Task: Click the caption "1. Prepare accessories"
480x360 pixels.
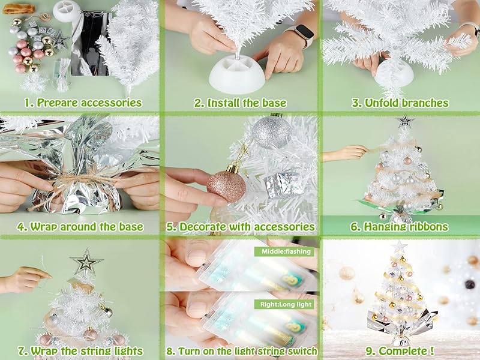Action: coord(83,103)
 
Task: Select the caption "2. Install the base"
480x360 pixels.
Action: coord(240,103)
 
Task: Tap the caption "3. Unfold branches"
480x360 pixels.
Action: coord(400,103)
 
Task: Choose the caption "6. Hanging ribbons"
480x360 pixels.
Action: coord(400,227)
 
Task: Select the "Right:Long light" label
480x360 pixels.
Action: coord(284,304)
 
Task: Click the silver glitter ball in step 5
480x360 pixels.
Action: coord(271,132)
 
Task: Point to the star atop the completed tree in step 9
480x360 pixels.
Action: coord(399,247)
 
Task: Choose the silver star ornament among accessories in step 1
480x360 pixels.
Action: coord(60,40)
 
